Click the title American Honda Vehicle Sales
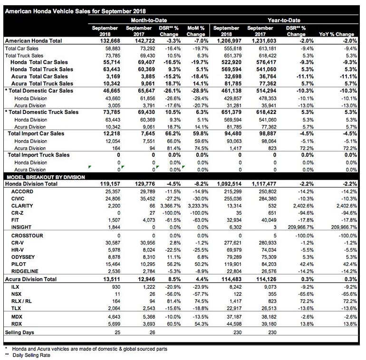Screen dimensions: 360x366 [x=75, y=11]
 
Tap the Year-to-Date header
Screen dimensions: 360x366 [x=284, y=20]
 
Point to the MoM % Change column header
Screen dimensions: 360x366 [x=196, y=31]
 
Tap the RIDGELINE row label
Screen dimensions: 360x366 [x=25, y=271]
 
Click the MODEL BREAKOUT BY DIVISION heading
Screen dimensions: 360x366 [x=45, y=177]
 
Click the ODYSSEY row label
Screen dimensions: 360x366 [x=23, y=257]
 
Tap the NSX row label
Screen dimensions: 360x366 [x=17, y=294]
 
